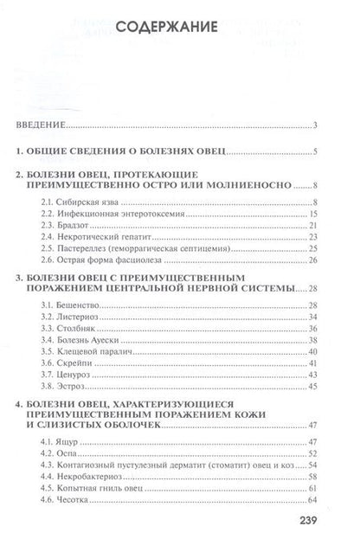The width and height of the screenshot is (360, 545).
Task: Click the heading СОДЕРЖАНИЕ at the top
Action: pyautogui.click(x=179, y=27)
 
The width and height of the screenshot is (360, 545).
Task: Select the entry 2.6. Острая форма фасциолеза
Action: pyautogui.click(x=115, y=261)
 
